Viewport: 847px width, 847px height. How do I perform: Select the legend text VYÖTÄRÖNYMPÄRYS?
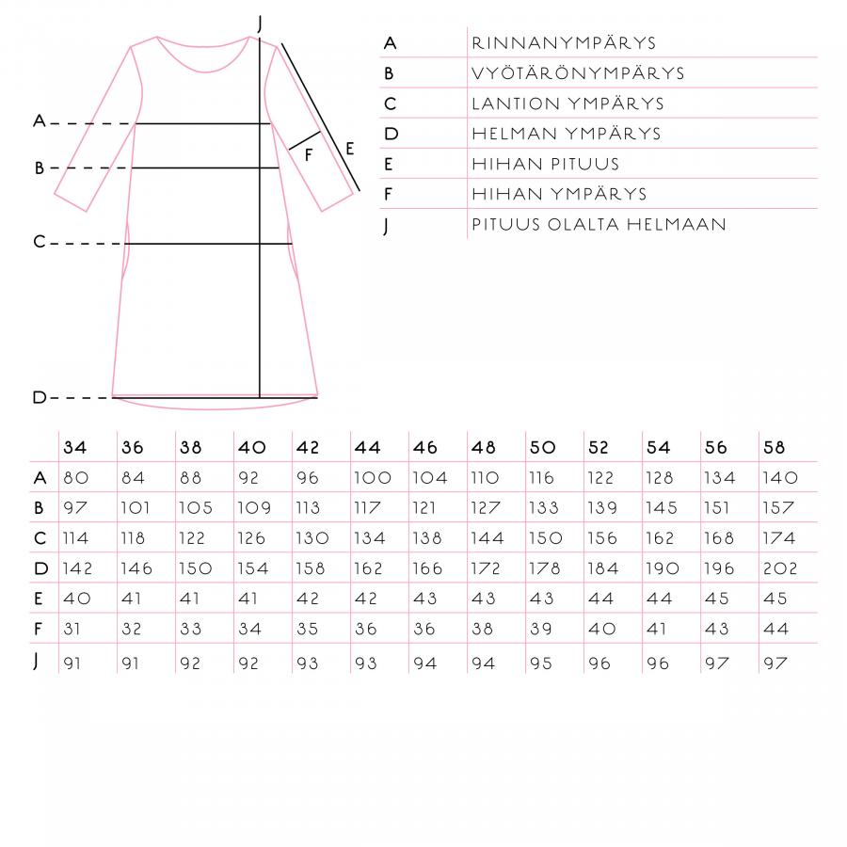click(x=578, y=73)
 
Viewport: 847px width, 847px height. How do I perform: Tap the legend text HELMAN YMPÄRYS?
click(x=567, y=134)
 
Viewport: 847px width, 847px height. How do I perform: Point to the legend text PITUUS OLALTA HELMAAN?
click(x=599, y=224)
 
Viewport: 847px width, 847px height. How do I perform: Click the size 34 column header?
click(x=75, y=448)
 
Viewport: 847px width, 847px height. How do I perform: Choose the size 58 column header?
click(x=774, y=448)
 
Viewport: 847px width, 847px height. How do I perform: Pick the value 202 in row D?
click(x=780, y=568)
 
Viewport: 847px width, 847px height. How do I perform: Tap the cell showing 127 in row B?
click(x=487, y=508)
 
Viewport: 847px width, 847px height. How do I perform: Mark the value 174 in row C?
click(x=779, y=538)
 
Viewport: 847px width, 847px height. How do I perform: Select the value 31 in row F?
click(x=72, y=629)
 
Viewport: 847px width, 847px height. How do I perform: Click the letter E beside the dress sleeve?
click(x=349, y=148)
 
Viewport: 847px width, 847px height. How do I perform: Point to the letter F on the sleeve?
click(x=308, y=155)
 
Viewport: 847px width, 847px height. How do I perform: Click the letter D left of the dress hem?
click(x=40, y=398)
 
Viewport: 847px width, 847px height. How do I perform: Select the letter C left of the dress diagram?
click(x=40, y=243)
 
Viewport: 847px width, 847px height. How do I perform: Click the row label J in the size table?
click(x=37, y=661)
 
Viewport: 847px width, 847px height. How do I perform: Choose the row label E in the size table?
click(x=40, y=599)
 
